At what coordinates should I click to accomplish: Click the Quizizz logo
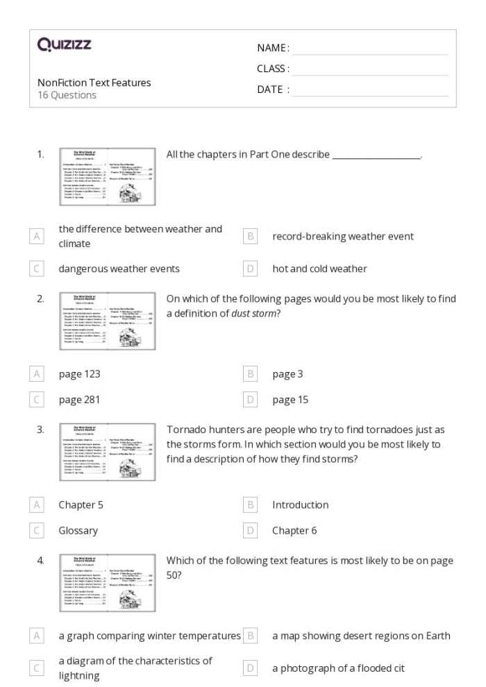[65, 46]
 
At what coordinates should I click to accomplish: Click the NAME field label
[273, 48]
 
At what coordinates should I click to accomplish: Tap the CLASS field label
[273, 69]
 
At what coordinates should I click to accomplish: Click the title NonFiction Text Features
[94, 83]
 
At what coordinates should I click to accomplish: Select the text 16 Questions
[67, 95]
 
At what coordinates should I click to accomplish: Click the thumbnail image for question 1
[107, 176]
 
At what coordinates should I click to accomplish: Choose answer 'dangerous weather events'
[119, 269]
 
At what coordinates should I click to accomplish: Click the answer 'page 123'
[79, 374]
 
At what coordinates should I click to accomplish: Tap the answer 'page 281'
[79, 400]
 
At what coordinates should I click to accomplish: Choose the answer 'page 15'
[290, 400]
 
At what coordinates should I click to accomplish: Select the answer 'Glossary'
[78, 530]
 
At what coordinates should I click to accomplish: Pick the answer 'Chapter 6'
[294, 530]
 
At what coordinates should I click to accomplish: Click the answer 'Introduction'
[300, 504]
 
